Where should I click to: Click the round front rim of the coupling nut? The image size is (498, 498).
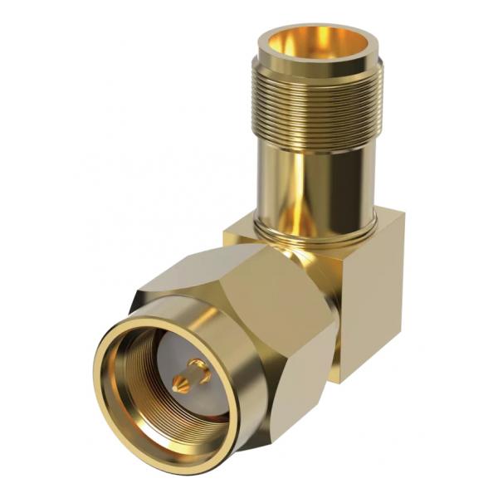pyautogui.click(x=116, y=415)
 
